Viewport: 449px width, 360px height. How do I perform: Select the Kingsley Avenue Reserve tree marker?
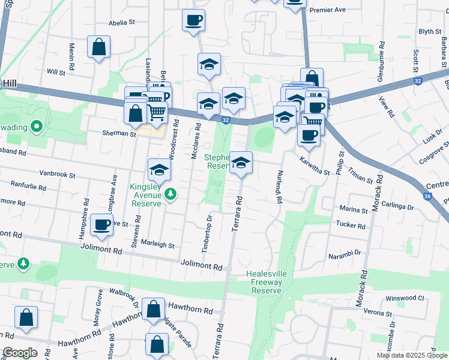(x=171, y=193)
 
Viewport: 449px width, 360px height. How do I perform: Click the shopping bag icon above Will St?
(x=98, y=47)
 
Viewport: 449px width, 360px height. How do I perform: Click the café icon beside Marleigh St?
(x=101, y=225)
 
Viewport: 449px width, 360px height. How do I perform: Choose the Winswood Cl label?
(x=405, y=298)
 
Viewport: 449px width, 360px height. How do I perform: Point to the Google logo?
(x=20, y=353)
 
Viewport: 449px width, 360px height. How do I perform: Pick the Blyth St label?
(x=430, y=32)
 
